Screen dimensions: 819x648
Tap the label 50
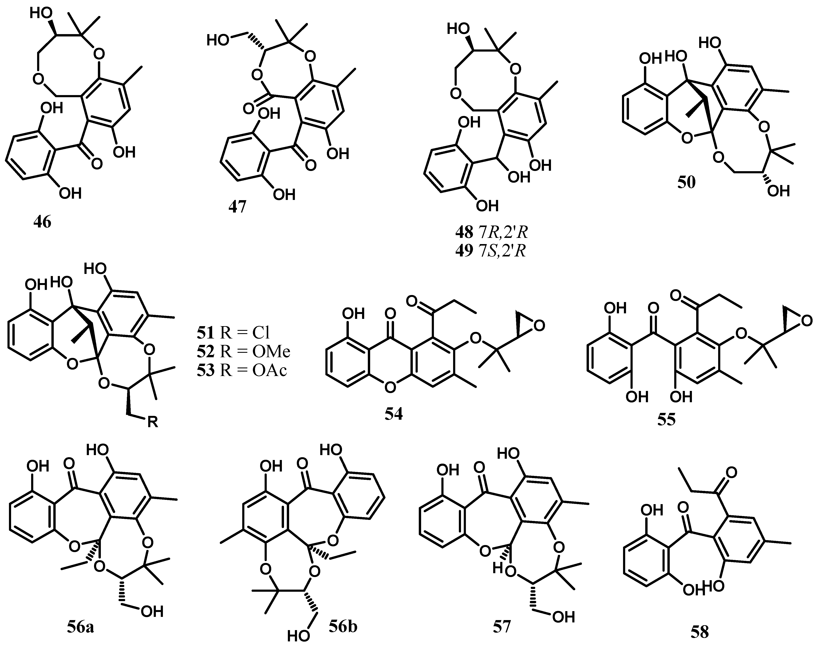pyautogui.click(x=687, y=183)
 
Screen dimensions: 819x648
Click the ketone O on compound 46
pyautogui.click(x=96, y=164)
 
